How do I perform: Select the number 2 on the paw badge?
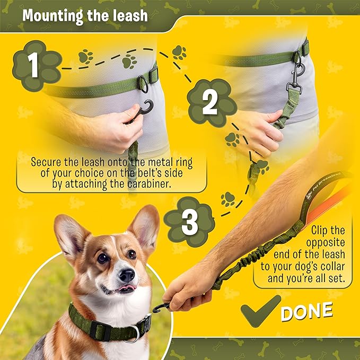click(210, 103)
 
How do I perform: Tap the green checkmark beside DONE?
click(260, 310)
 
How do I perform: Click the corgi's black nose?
click(126, 275)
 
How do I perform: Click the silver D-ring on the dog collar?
click(136, 333)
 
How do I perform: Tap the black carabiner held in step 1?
click(141, 111)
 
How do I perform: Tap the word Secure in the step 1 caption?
click(46, 161)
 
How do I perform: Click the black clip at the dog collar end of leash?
click(162, 307)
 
